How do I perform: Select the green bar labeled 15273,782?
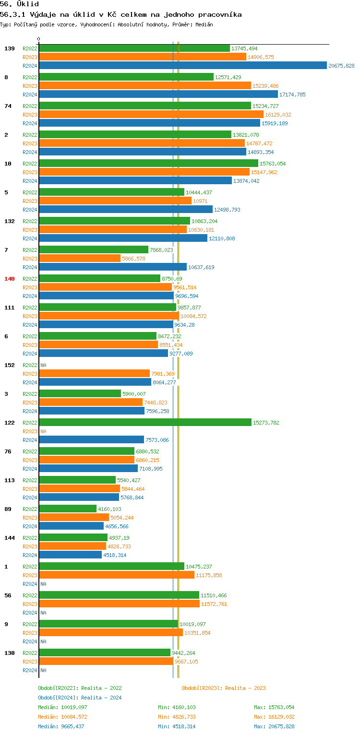click(x=145, y=423)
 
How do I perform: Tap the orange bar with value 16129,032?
click(x=151, y=115)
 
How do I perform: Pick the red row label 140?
click(x=10, y=279)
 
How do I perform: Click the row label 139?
click(x=10, y=48)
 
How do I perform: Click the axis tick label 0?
click(x=39, y=39)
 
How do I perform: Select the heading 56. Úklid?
click(x=19, y=4)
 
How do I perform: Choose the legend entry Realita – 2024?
click(x=101, y=698)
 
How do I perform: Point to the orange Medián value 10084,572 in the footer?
click(x=74, y=717)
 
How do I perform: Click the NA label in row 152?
click(x=43, y=365)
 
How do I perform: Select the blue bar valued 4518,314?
click(x=70, y=555)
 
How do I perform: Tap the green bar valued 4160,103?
click(x=68, y=509)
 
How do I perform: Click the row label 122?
click(x=10, y=423)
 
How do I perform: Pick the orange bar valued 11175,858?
click(x=117, y=575)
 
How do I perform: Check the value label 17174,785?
click(x=292, y=95)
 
